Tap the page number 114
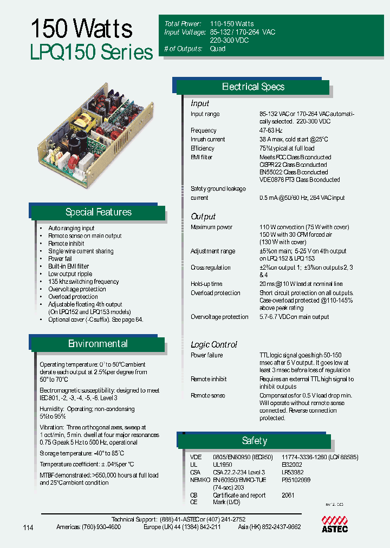(x=29, y=527)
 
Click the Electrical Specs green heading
(x=253, y=87)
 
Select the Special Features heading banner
(x=98, y=212)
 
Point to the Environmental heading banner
(x=97, y=344)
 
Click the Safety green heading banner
(x=254, y=441)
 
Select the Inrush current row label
(x=207, y=140)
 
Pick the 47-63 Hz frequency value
(x=271, y=131)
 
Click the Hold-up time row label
(x=206, y=284)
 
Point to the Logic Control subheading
(x=214, y=344)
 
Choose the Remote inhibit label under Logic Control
(x=209, y=379)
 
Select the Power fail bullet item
(x=60, y=259)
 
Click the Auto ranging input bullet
(x=71, y=229)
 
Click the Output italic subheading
(x=203, y=217)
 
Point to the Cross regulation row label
(x=210, y=268)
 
